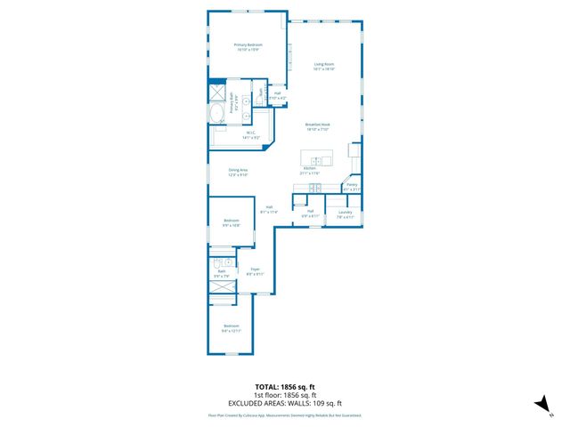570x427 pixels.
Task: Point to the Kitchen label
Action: (310, 168)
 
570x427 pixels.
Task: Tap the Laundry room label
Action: (345, 212)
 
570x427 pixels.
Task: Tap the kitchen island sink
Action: (316, 160)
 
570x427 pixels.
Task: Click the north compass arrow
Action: (539, 404)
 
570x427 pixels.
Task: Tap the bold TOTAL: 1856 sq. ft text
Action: (284, 385)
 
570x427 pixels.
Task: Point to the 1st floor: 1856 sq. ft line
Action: (284, 395)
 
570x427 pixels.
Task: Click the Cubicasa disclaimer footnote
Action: (284, 415)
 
